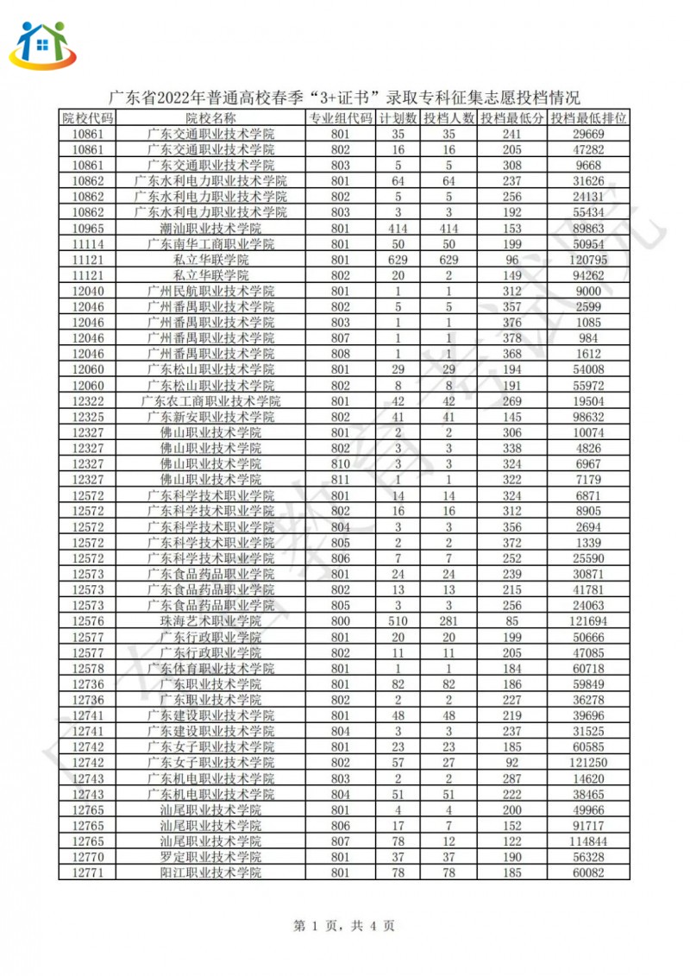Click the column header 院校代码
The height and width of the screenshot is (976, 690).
(x=86, y=118)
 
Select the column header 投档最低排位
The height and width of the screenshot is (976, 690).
(x=589, y=118)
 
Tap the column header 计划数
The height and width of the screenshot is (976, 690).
(x=398, y=118)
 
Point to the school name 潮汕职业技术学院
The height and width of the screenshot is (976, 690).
(x=210, y=229)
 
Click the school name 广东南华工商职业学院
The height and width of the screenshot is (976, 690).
(x=210, y=244)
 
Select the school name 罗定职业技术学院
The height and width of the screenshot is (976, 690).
(x=210, y=857)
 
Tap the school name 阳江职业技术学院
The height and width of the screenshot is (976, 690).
(x=210, y=872)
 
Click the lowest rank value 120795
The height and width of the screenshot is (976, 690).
(x=589, y=260)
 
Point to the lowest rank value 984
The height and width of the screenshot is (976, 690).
(x=589, y=338)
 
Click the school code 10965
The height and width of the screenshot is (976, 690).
(x=86, y=229)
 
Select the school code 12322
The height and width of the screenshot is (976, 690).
(x=86, y=401)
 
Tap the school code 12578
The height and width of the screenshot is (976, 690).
(x=86, y=668)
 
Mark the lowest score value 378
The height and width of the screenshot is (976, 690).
(x=512, y=338)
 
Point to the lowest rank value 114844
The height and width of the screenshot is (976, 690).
(x=589, y=841)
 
